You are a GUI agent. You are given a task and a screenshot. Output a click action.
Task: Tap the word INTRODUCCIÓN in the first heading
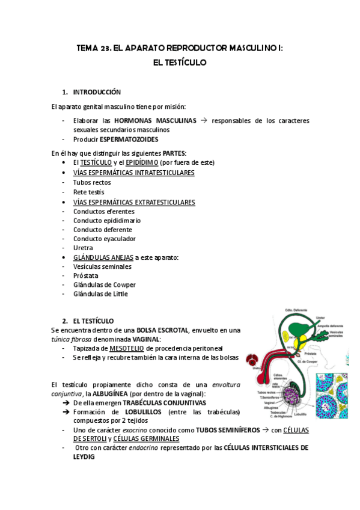97,92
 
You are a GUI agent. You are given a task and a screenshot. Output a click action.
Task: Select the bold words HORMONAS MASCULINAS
155,120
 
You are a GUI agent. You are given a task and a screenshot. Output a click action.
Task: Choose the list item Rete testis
88,192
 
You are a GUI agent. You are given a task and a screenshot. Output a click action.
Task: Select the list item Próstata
86,275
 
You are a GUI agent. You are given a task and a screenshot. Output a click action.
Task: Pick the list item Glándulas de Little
100,294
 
